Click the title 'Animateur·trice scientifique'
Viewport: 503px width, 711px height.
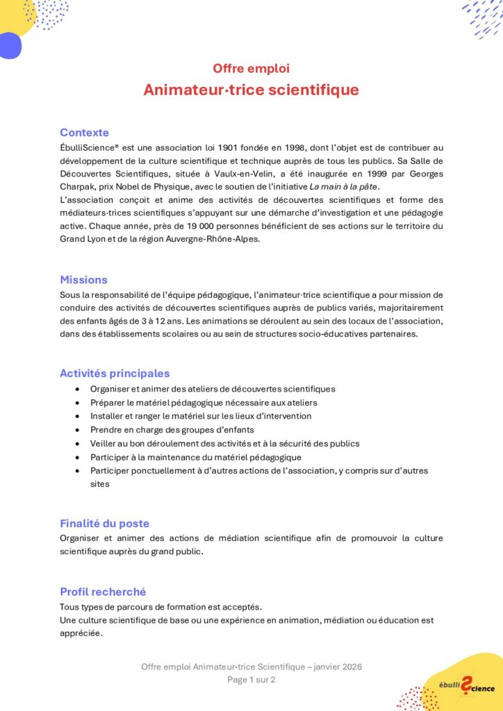pyautogui.click(x=251, y=90)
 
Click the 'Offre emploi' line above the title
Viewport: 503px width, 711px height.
pyautogui.click(x=251, y=69)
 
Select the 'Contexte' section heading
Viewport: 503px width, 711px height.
pyautogui.click(x=84, y=133)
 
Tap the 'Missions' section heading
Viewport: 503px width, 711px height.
pyautogui.click(x=83, y=280)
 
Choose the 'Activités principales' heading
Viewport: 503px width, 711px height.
pyautogui.click(x=115, y=374)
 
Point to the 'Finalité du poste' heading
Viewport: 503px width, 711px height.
pyautogui.click(x=104, y=524)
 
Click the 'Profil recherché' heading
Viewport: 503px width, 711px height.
pyautogui.click(x=103, y=592)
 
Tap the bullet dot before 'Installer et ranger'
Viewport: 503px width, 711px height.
pyautogui.click(x=80, y=417)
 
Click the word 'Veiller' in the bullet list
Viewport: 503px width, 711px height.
pyautogui.click(x=104, y=444)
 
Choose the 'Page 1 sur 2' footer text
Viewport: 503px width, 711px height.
pyautogui.click(x=251, y=680)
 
